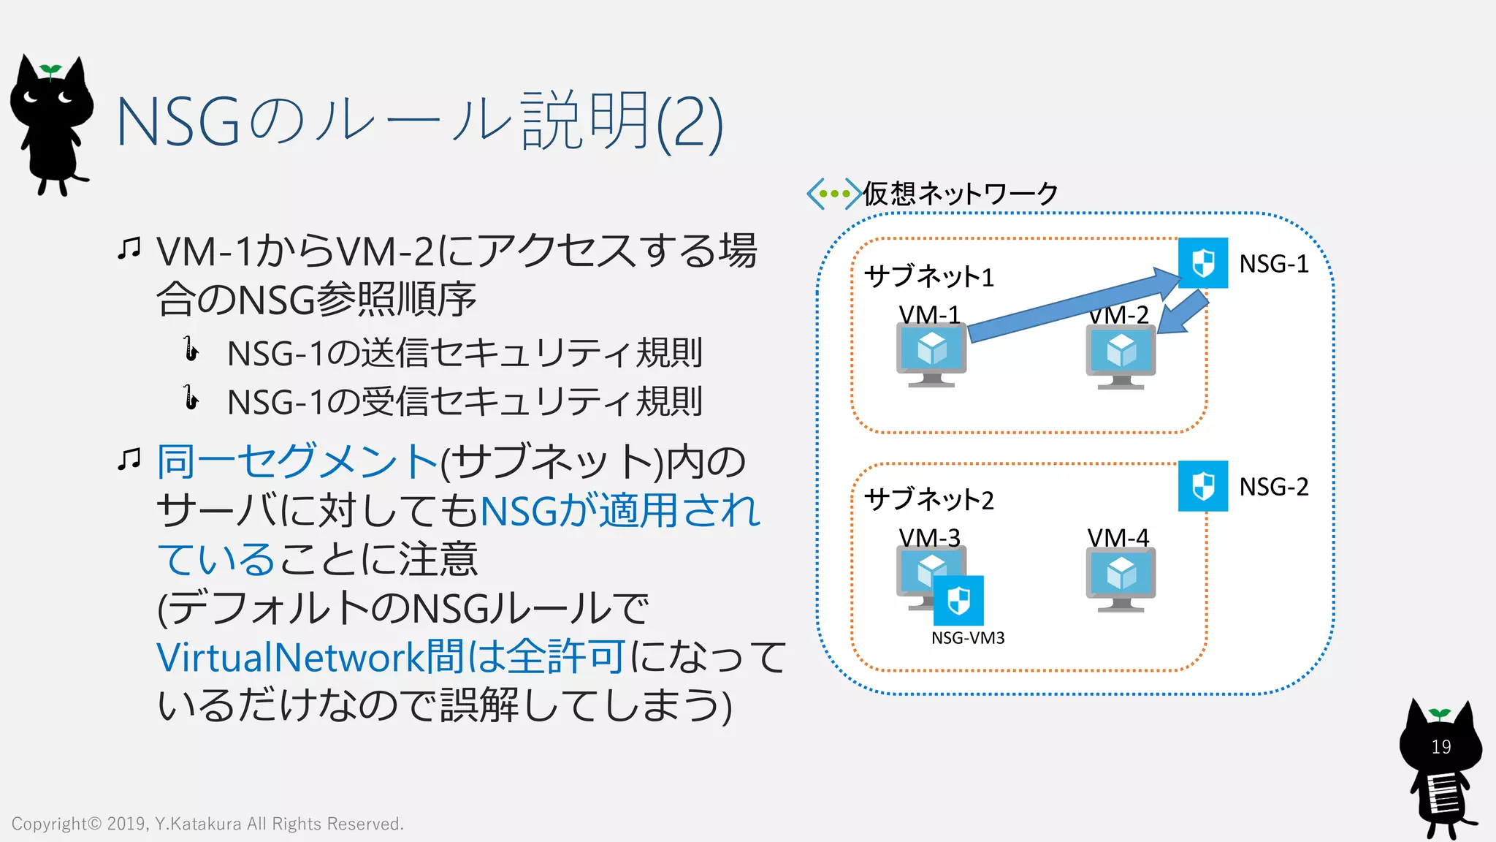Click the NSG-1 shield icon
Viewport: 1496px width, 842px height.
pos(1202,263)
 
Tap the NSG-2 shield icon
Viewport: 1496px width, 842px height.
pos(1202,486)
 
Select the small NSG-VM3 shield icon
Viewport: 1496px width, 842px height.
pos(958,601)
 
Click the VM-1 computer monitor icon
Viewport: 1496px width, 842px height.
pos(931,354)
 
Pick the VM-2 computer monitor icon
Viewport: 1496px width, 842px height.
pos(1121,357)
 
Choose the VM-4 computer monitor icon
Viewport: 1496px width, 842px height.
pos(1121,579)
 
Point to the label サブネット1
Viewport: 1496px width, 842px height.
pos(928,277)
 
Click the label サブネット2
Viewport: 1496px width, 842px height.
pos(928,500)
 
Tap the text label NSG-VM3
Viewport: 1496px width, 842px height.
pos(968,638)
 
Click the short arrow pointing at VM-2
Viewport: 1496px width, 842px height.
pos(1183,314)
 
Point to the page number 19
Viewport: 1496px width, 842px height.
pos(1440,747)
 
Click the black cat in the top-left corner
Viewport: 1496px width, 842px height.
pos(51,124)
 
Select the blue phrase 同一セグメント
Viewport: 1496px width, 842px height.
pos(297,462)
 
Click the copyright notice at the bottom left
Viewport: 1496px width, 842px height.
pos(207,824)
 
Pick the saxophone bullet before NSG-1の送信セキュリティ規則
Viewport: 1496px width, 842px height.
pos(191,349)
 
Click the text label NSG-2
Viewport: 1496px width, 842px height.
pos(1273,487)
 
